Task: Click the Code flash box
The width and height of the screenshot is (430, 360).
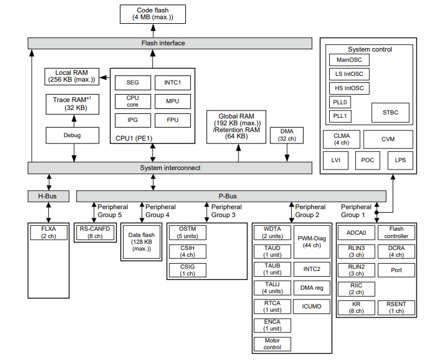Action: coord(152,14)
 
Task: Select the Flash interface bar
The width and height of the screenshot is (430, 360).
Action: coord(170,43)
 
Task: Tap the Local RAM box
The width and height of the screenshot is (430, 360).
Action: coord(71,76)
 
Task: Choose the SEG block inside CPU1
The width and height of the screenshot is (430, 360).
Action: coord(133,83)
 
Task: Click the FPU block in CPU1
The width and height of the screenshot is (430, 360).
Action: coord(173,120)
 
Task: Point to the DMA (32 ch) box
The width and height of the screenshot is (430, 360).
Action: coord(287,135)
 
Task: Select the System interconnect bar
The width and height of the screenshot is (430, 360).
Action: coord(170,168)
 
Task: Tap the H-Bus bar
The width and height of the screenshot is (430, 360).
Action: coord(49,196)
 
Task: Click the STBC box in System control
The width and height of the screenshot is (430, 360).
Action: coord(390,112)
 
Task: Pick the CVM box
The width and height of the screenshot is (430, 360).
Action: coord(388,139)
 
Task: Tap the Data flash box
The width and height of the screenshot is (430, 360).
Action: coord(141,242)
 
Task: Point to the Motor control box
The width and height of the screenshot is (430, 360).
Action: coord(273,343)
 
